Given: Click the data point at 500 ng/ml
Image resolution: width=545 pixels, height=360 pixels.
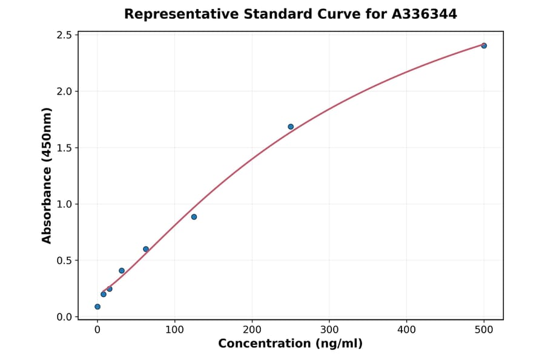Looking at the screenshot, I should [484, 45].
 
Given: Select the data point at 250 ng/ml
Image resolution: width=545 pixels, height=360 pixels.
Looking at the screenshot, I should [291, 127].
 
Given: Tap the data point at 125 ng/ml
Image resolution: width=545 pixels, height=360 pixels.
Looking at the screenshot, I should [194, 217].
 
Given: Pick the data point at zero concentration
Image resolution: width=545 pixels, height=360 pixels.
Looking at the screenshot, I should [97, 307].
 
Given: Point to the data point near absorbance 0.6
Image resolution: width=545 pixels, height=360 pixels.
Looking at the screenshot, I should [146, 249].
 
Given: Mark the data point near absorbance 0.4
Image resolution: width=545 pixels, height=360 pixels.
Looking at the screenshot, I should [122, 271].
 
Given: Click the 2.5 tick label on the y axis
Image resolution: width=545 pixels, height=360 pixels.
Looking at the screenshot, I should [64, 35].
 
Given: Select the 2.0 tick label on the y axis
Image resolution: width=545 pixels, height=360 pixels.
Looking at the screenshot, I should [64, 92].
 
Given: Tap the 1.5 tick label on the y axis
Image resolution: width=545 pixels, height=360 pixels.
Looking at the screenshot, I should [64, 148].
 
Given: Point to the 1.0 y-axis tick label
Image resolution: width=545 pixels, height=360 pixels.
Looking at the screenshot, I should [64, 204].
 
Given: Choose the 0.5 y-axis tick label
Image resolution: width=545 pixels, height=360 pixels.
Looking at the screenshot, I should [64, 261].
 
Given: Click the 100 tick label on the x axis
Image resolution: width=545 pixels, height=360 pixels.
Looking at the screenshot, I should [174, 330].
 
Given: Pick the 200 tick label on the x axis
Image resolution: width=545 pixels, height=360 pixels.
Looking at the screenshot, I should [252, 330].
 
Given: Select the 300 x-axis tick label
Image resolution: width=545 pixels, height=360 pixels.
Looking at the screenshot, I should [329, 330].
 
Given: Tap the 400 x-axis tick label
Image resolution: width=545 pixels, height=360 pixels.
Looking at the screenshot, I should [406, 330].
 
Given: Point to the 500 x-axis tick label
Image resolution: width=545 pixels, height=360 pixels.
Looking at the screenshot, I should [484, 330].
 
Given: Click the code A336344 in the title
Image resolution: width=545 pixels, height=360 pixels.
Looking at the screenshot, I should [424, 14].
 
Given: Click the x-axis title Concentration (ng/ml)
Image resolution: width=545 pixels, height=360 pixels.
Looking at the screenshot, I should [291, 344].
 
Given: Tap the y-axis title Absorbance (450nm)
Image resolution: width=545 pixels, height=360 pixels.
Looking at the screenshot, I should [47, 176].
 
